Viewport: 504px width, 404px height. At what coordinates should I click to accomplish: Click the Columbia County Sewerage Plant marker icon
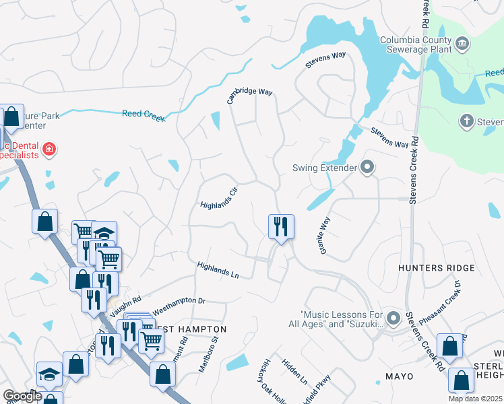pos(462,44)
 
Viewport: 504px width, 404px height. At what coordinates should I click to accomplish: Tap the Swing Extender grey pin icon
pos(367,166)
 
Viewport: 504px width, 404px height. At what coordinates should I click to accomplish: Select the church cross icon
pos(466,122)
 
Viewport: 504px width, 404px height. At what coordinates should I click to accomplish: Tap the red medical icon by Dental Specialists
pos(48,149)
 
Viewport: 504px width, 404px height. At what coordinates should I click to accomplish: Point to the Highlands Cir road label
pos(220,197)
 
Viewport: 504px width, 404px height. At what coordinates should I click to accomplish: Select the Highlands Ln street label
pos(218,270)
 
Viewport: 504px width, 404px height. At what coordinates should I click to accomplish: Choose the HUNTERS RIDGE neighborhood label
pos(436,268)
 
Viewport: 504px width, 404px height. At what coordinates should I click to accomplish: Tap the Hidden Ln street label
pos(294,372)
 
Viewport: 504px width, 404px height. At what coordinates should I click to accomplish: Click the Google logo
pos(22,396)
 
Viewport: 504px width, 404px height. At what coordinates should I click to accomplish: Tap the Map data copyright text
pos(475,399)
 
